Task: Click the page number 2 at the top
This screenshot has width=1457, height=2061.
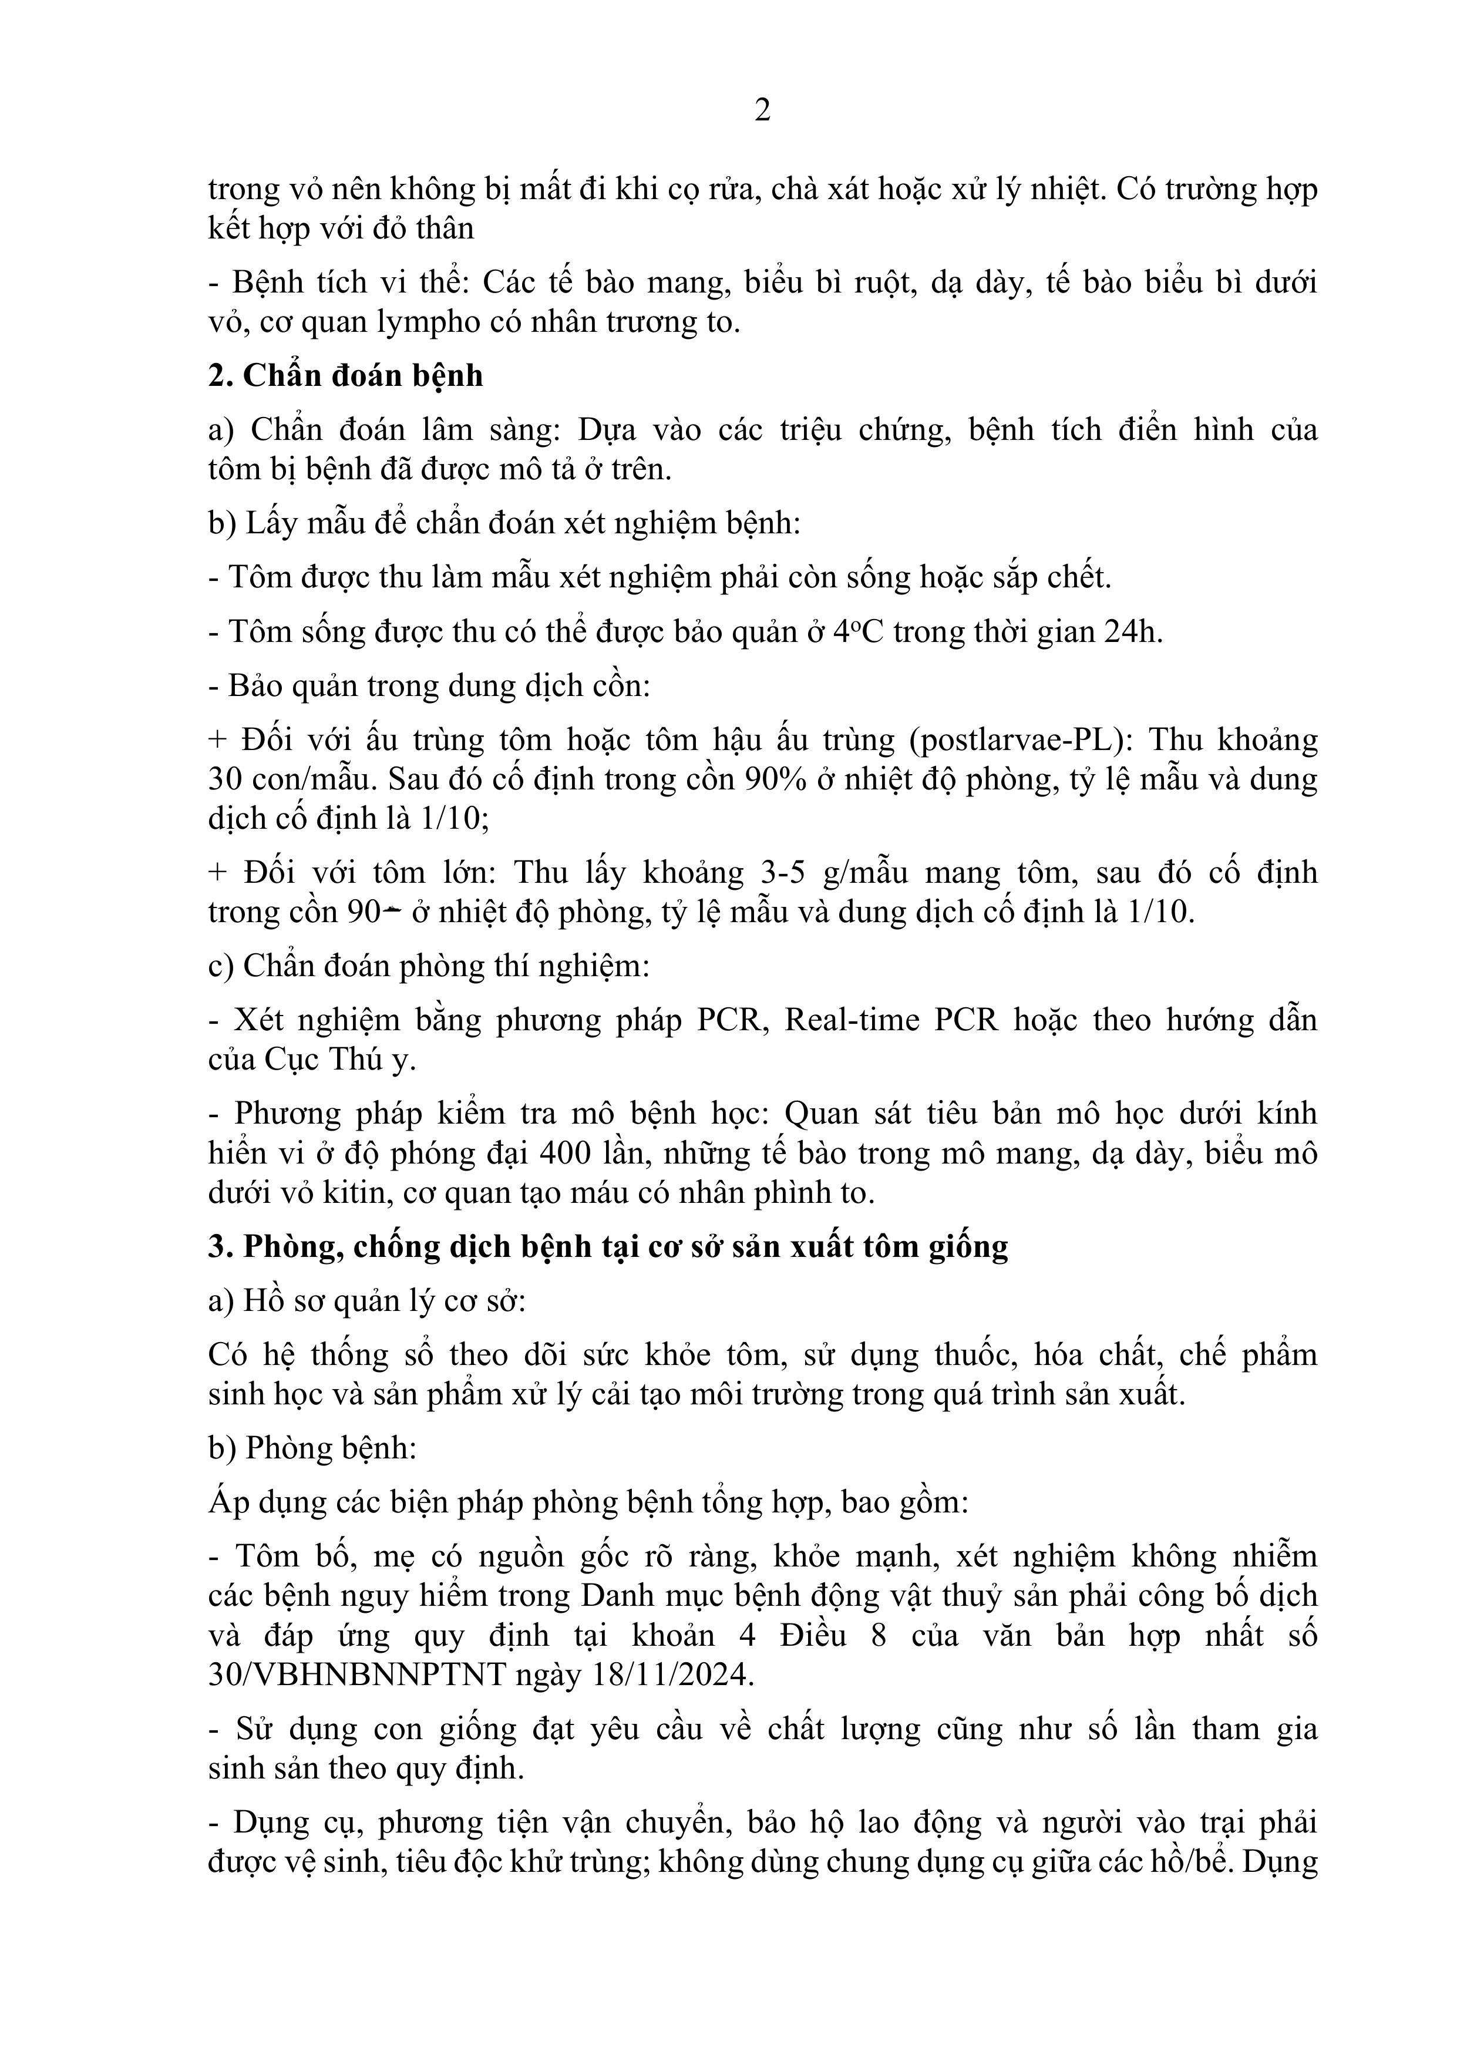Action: (762, 110)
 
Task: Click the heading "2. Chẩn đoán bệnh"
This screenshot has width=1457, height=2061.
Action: (346, 375)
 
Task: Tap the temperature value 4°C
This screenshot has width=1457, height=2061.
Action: (858, 632)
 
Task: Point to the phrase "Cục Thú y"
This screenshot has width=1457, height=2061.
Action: (339, 1060)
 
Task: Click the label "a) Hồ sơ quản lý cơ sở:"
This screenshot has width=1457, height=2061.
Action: (366, 1301)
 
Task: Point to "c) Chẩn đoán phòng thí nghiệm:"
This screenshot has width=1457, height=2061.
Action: (429, 967)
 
